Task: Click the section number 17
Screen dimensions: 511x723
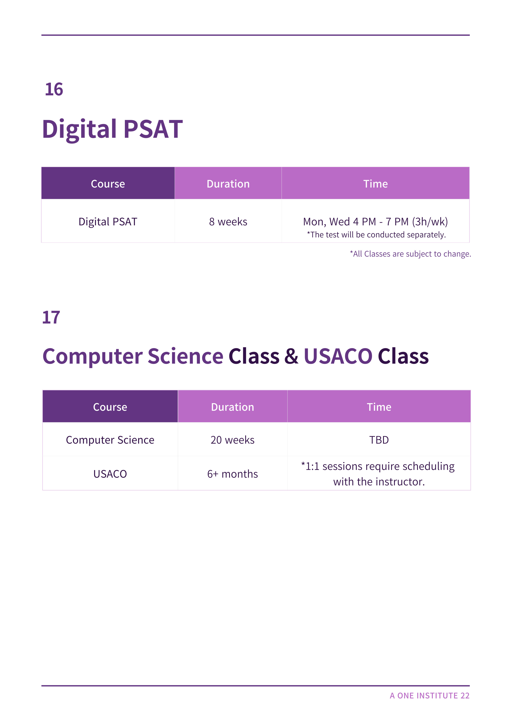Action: click(51, 317)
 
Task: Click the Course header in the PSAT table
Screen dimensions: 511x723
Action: click(108, 184)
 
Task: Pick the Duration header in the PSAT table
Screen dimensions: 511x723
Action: click(228, 184)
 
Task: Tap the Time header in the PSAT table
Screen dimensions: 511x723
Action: click(376, 184)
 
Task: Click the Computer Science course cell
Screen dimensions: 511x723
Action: click(110, 440)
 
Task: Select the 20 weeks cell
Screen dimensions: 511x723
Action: click(233, 440)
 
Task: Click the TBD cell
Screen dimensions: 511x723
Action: click(379, 440)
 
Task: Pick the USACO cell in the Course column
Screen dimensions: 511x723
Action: click(110, 474)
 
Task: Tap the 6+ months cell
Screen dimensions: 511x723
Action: click(233, 474)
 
